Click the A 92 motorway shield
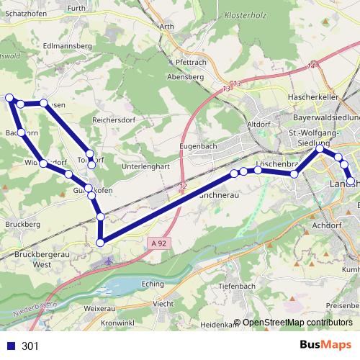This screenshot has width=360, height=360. point(161,243)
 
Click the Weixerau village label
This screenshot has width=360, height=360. point(99,308)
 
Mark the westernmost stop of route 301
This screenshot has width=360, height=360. point(9,98)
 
